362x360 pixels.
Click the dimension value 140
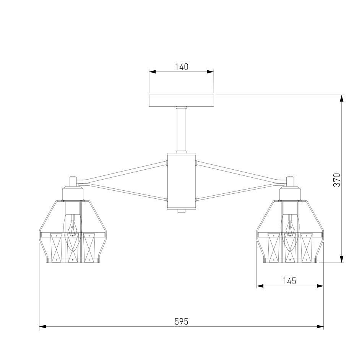click(x=182, y=67)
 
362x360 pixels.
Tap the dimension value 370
click(x=337, y=180)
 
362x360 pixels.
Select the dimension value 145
click(x=289, y=281)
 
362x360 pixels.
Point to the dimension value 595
click(x=182, y=321)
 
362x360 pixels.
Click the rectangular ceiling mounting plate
click(x=182, y=101)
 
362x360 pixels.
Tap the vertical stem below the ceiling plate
click(x=182, y=129)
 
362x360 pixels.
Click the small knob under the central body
click(x=182, y=211)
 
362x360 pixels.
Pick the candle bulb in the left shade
click(x=73, y=233)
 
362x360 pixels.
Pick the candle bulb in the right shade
click(x=289, y=233)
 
